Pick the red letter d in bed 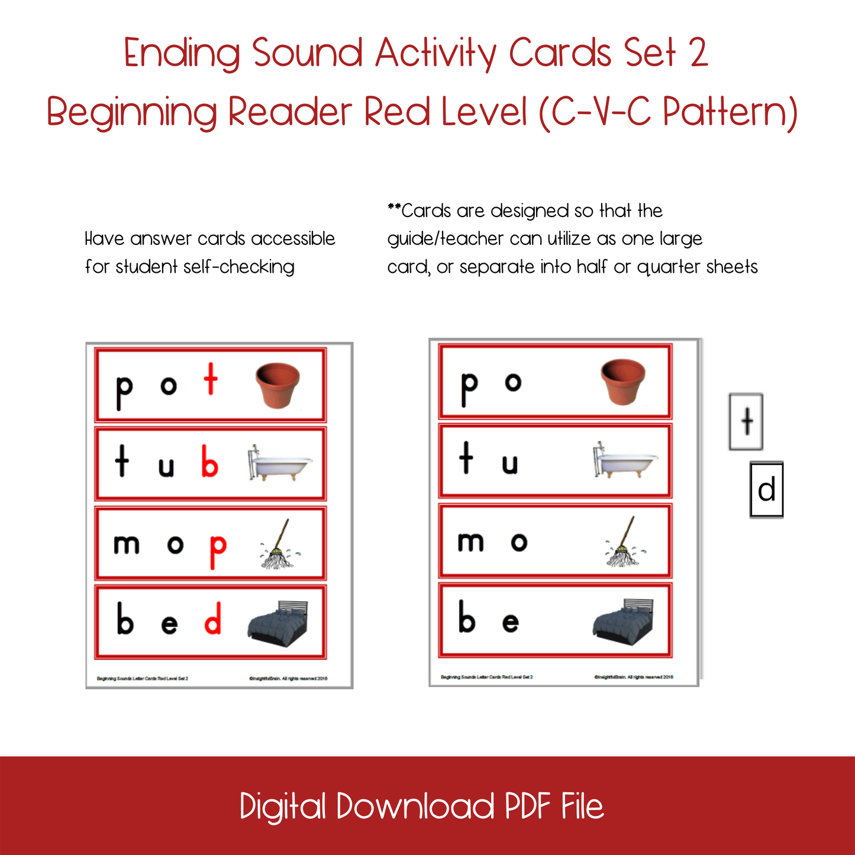coord(213,619)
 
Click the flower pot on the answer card coord(277,385)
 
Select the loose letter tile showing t coord(746,422)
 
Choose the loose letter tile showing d coord(766,490)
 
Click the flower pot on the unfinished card coord(622,383)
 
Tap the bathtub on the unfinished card coord(625,460)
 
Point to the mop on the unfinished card coord(624,542)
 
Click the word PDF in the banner coord(527,806)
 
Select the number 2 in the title coord(698,53)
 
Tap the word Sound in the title coord(307,53)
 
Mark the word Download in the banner coord(415,806)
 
